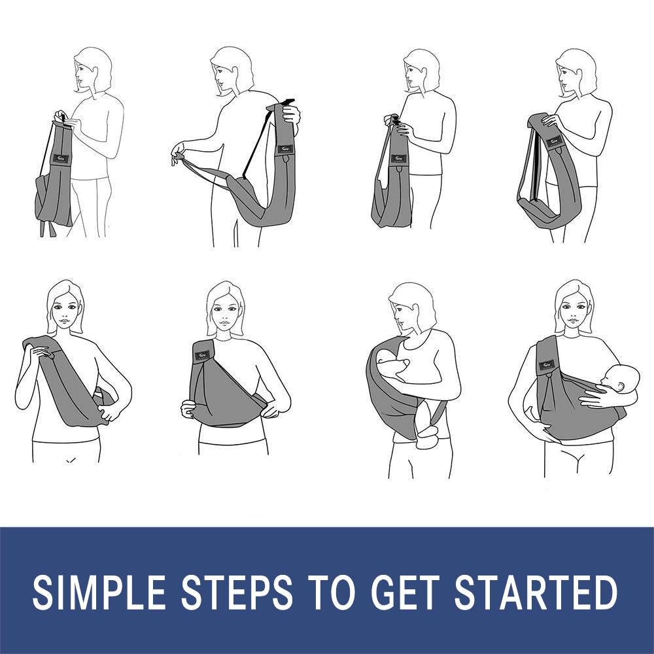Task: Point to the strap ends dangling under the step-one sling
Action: coord(47,228)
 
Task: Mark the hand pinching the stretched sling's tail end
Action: coord(178,156)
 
